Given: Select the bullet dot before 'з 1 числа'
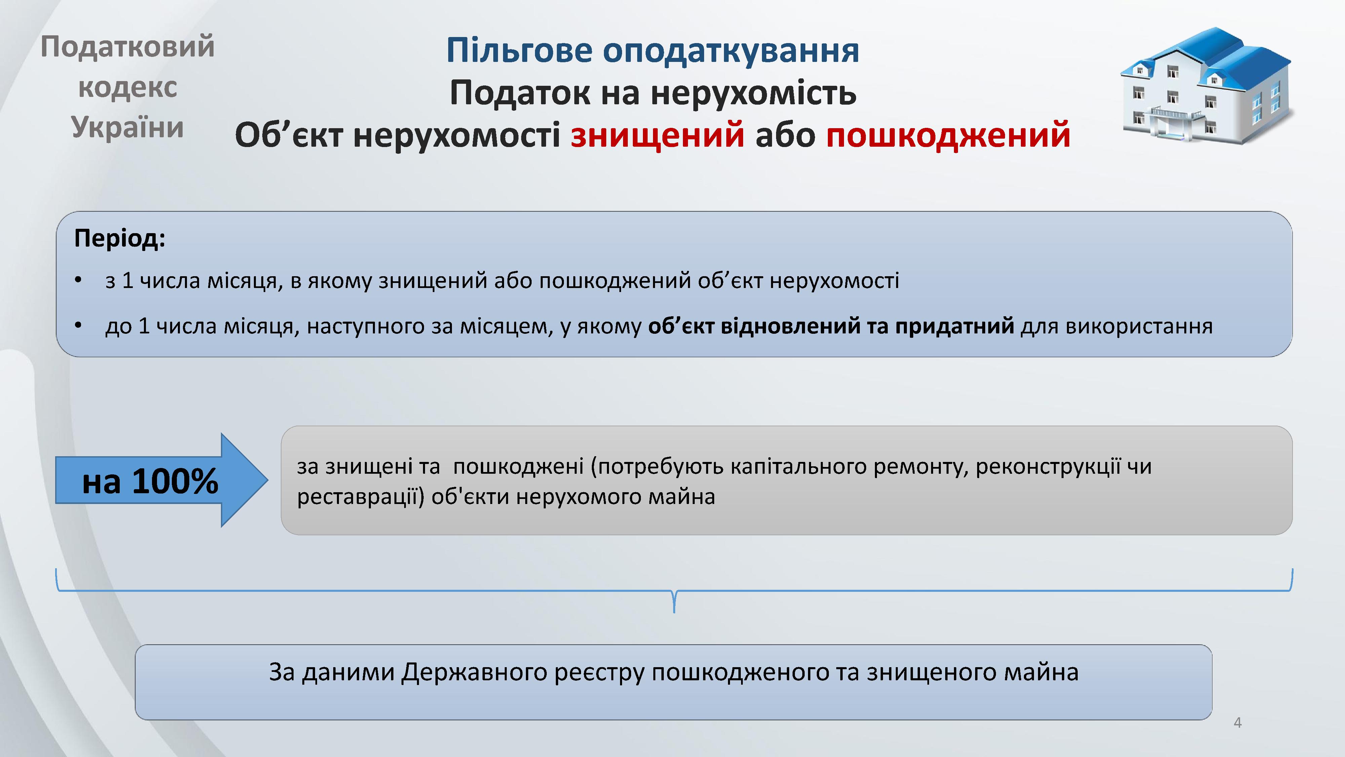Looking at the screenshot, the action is tap(78, 281).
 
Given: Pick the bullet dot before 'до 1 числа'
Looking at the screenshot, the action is tap(78, 325).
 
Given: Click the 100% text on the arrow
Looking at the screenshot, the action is tap(175, 481).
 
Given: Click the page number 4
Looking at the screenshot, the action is tap(1237, 723).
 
